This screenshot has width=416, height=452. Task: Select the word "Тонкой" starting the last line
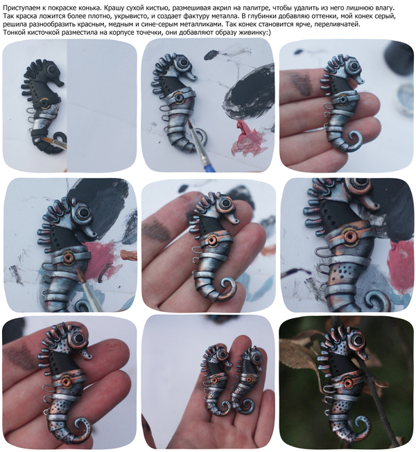click(x=12, y=33)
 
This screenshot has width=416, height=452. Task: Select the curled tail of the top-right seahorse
click(x=354, y=141)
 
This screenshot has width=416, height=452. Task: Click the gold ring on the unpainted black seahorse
click(x=44, y=102)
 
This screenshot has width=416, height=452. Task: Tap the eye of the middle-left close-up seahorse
click(x=84, y=213)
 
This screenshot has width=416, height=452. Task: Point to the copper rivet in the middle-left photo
click(x=69, y=257)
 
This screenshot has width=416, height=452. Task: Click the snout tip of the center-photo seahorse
click(x=237, y=221)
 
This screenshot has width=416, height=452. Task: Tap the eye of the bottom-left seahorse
click(x=78, y=338)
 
